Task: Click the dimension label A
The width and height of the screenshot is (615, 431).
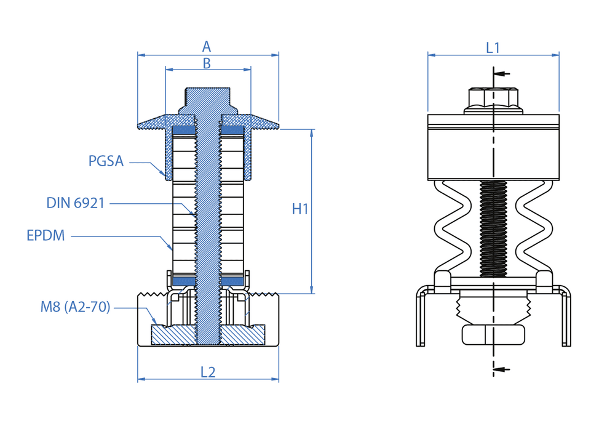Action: (x=207, y=47)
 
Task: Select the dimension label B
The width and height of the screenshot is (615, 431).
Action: (x=207, y=63)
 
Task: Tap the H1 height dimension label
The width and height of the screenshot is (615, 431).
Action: (x=300, y=209)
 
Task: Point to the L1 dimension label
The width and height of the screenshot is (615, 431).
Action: (x=493, y=47)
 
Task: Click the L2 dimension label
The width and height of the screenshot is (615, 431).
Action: (x=208, y=372)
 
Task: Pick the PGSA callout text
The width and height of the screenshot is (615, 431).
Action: (x=106, y=161)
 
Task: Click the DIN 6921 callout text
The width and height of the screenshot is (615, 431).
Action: (x=76, y=203)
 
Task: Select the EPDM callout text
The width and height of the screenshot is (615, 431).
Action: (x=46, y=236)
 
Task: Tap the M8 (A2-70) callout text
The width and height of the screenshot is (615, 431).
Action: (x=76, y=307)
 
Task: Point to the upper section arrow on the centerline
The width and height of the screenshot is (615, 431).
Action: (x=502, y=74)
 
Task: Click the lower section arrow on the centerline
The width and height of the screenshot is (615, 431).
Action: (x=502, y=369)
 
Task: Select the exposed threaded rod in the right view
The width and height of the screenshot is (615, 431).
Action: (x=493, y=228)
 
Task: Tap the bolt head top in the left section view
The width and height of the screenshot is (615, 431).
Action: (x=208, y=95)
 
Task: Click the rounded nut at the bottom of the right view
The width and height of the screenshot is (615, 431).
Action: (x=494, y=334)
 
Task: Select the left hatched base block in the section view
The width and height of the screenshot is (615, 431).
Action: (x=173, y=334)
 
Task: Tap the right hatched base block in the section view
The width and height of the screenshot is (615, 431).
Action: (x=243, y=334)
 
